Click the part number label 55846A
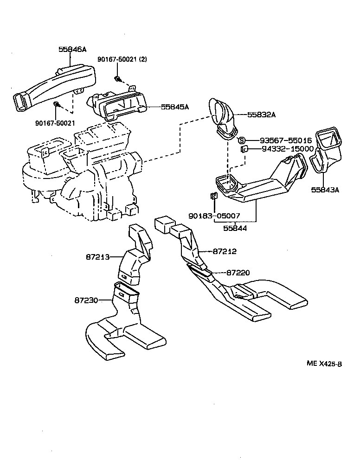click(72, 49)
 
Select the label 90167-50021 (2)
click(122, 60)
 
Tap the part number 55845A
click(175, 107)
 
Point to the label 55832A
click(261, 115)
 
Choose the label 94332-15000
click(281, 149)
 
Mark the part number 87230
click(86, 300)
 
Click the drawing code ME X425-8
click(324, 364)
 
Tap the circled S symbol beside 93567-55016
click(241, 140)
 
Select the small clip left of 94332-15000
click(243, 149)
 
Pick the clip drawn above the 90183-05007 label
click(213, 196)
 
